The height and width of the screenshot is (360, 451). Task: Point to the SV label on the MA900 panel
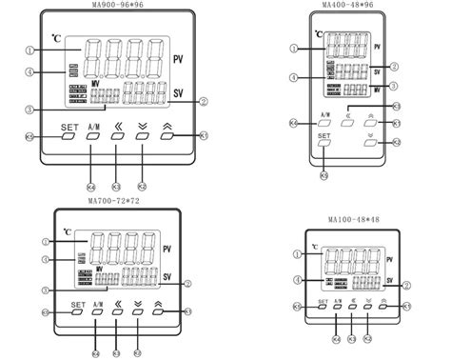pyautogui.click(x=178, y=92)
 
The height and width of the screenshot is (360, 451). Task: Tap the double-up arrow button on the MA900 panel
pyautogui.click(x=168, y=136)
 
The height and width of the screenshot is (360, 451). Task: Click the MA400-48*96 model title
pyautogui.click(x=346, y=7)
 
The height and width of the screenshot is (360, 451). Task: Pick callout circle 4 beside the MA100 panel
pyautogui.click(x=299, y=280)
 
